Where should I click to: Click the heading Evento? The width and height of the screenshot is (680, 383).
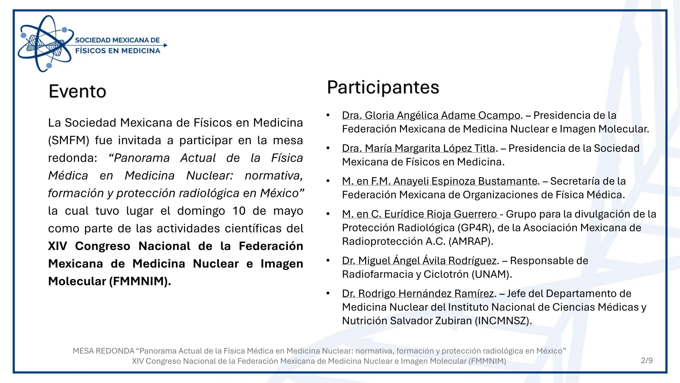coord(77,91)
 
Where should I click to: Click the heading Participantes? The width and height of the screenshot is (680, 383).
coord(383,88)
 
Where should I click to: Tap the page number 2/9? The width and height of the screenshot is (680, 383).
coord(647,360)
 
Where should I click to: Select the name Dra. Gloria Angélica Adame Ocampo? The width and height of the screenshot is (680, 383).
coord(431,115)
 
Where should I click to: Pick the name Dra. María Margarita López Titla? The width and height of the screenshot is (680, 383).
coord(419,148)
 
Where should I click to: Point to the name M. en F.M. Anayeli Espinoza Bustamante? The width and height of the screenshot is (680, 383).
coord(440,181)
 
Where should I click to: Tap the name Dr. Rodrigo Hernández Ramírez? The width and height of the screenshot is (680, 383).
coord(418,293)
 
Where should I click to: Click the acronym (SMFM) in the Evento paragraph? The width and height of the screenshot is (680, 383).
coord(69,140)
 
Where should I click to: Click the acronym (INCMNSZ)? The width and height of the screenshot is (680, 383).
coord(503,321)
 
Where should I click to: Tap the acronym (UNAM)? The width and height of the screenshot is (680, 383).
coord(492,274)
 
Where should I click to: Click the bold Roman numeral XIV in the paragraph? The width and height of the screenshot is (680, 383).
coord(58,246)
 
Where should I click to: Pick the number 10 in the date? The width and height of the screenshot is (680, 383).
coord(239,211)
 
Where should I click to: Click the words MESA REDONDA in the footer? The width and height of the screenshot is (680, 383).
coord(104,351)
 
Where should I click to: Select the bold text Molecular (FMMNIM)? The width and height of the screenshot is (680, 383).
coord(109,281)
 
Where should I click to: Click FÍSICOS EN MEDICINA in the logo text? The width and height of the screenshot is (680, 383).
coord(118,51)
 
